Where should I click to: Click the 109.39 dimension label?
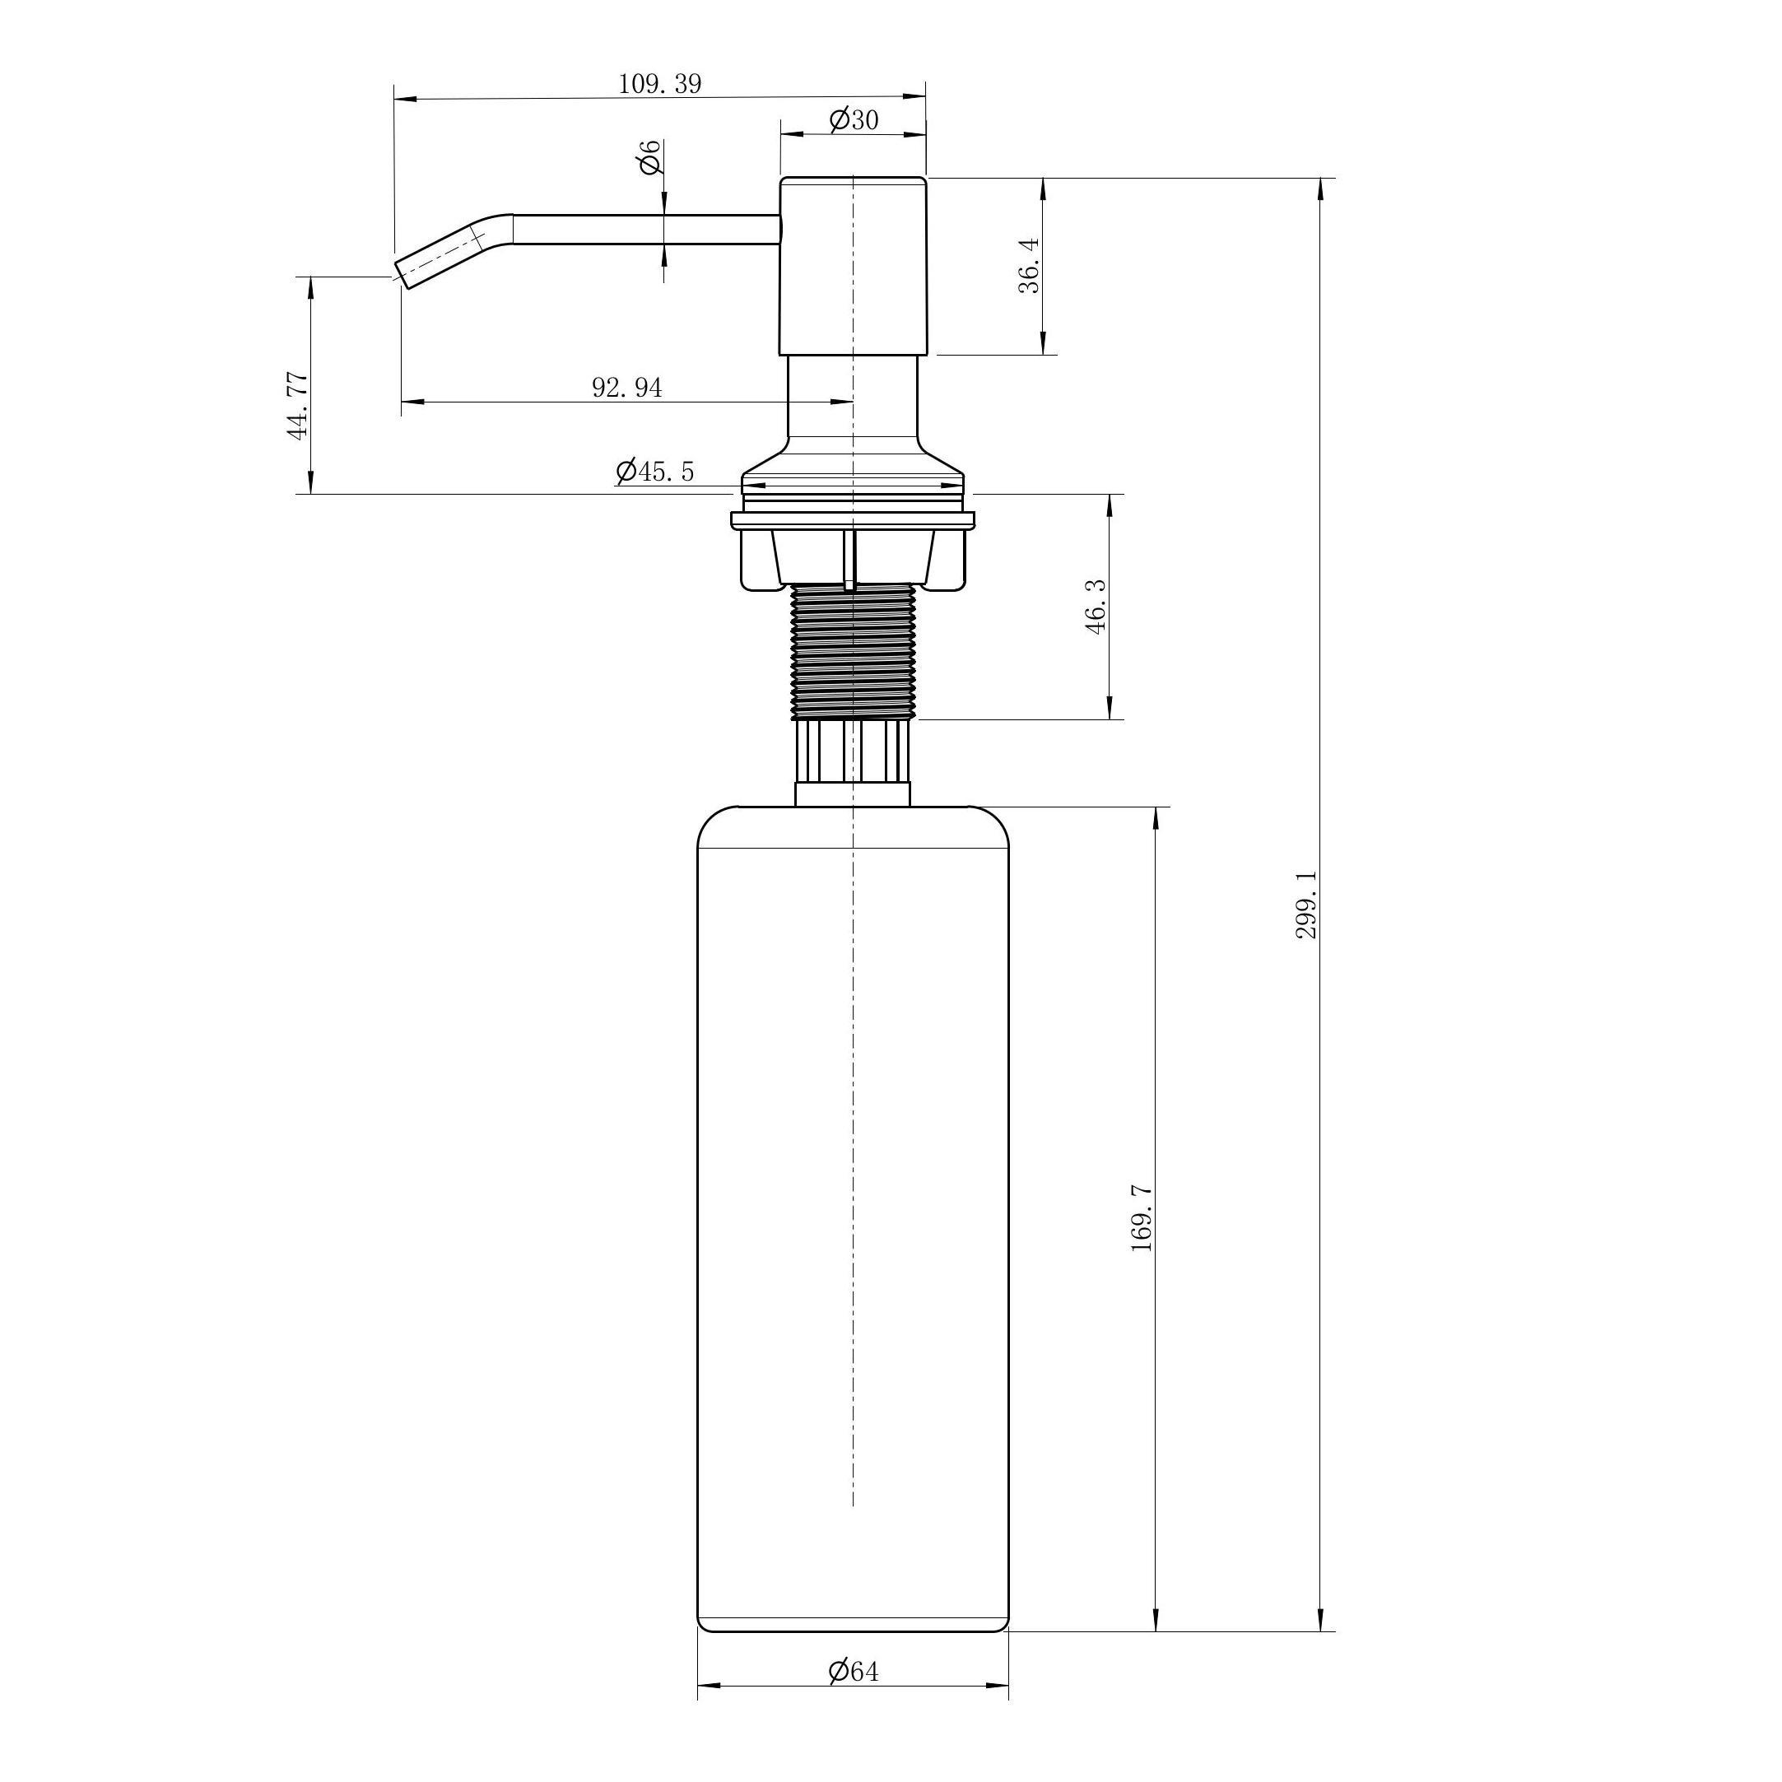coord(659,84)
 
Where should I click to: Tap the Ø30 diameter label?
coord(854,120)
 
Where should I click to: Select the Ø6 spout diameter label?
coord(650,157)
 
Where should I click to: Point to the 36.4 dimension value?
coord(1030,266)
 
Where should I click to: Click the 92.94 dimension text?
coord(627,388)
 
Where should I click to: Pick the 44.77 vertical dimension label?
coord(297,405)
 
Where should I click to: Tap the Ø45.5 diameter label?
coord(655,472)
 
